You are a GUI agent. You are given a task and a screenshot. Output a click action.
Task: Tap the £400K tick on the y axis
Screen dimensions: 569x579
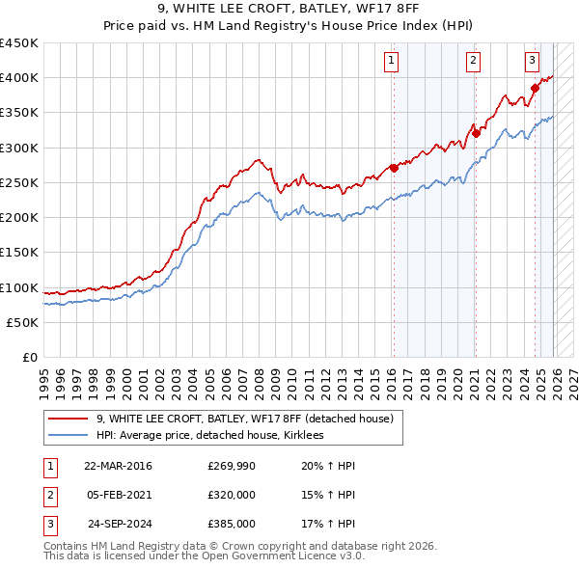[x=19, y=78]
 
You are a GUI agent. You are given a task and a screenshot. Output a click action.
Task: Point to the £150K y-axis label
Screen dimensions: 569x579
[x=19, y=253]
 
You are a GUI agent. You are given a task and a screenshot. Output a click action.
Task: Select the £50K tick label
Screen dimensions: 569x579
[x=23, y=322]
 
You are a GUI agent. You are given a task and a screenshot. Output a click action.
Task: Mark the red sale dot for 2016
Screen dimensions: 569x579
[x=393, y=168]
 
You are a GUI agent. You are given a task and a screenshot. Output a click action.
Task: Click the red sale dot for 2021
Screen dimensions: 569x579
[x=474, y=133]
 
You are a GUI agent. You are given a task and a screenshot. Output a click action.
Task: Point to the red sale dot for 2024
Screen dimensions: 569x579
[x=534, y=88]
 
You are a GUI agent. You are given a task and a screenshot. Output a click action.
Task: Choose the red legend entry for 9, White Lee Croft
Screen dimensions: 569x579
[x=244, y=420]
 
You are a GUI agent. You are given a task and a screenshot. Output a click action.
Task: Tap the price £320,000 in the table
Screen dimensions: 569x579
[x=232, y=495]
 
